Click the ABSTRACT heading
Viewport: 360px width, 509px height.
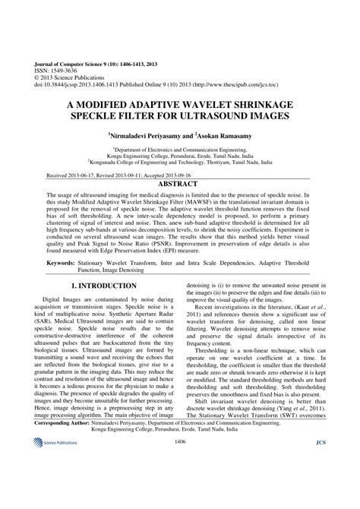pos(180,184)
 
